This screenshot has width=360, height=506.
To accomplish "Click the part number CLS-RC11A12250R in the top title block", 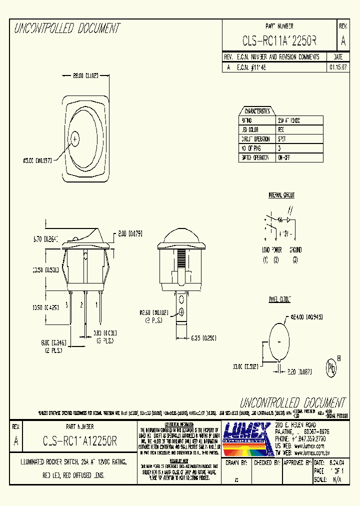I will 279,40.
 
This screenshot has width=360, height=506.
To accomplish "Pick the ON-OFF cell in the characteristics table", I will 284,157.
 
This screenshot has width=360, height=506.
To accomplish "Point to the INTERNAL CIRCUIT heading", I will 281,195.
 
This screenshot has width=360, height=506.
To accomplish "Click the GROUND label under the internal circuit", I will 295,249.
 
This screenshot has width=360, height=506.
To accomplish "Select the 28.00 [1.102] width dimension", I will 84,76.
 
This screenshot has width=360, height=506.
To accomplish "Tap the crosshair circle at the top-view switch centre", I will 75,138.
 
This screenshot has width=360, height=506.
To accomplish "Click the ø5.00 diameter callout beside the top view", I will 37,160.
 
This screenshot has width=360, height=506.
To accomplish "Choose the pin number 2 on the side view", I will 81,304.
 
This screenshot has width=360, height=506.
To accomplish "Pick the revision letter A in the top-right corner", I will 342,41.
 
